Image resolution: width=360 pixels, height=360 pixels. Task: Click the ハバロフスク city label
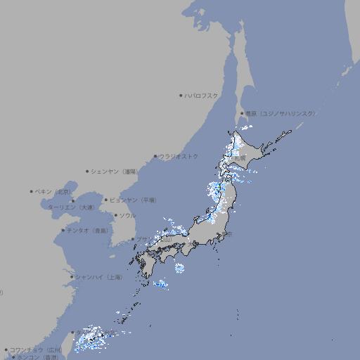pyautogui.click(x=202, y=96)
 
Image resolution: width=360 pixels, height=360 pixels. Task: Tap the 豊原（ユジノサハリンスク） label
pyautogui.click(x=280, y=113)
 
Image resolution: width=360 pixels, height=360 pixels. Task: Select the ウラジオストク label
pyautogui.click(x=179, y=156)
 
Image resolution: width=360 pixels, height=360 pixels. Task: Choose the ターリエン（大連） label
pyautogui.click(x=71, y=207)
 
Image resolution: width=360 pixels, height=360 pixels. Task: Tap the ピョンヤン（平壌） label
pyautogui.click(x=133, y=200)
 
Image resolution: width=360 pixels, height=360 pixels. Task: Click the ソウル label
pyautogui.click(x=127, y=215)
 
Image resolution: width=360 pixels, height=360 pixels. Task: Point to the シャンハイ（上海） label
pyautogui.click(x=98, y=277)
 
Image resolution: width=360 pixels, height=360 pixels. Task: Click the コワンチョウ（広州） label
pyautogui.click(x=36, y=349)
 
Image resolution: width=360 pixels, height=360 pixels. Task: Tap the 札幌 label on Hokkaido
pyautogui.click(x=240, y=158)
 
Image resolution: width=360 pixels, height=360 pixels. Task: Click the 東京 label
pyautogui.click(x=227, y=235)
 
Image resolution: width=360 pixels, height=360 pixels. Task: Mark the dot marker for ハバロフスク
pyautogui.click(x=181, y=96)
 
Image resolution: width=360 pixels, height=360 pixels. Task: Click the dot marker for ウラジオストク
pyautogui.click(x=155, y=156)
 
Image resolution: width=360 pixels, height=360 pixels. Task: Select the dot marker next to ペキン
pyautogui.click(x=32, y=191)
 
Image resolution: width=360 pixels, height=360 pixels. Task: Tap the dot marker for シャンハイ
pyautogui.click(x=72, y=277)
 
